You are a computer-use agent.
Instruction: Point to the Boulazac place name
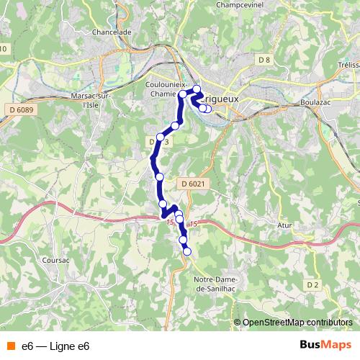click(x=313, y=102)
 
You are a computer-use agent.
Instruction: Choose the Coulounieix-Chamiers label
click(x=167, y=89)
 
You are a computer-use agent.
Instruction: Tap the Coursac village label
click(x=55, y=261)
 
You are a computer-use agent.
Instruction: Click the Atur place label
click(x=286, y=225)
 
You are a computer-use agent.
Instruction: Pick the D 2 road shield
click(x=312, y=285)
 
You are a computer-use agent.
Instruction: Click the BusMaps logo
click(x=325, y=346)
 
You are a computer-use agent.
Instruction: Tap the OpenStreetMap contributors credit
click(x=297, y=323)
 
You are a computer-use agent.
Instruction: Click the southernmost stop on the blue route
click(x=187, y=251)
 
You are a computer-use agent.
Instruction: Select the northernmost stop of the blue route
click(x=197, y=89)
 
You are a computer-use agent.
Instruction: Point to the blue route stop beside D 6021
click(x=159, y=176)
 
